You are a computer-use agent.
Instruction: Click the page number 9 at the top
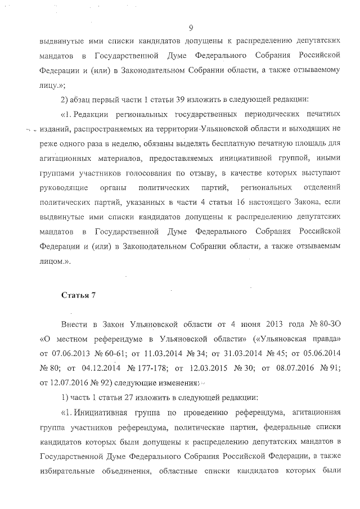point(191,27)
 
